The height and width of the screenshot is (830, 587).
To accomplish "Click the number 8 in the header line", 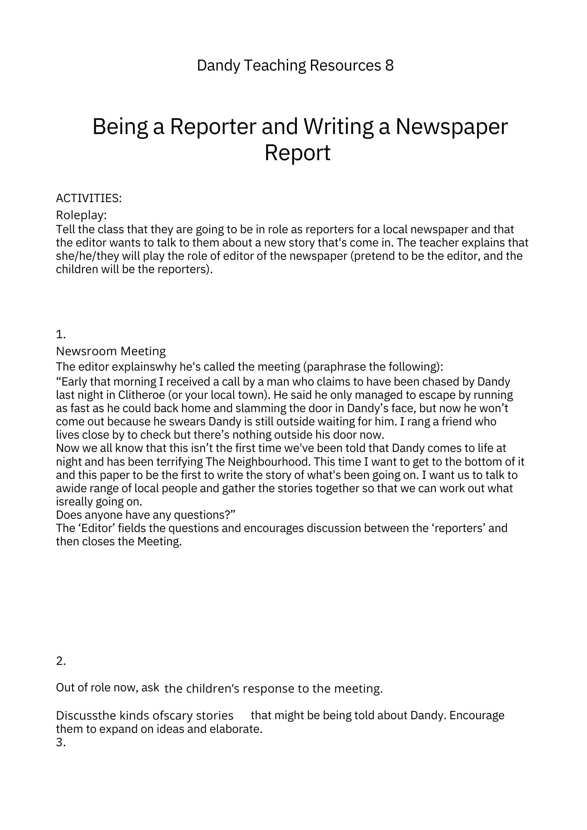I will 389,66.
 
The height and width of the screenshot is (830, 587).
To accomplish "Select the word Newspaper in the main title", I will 451,127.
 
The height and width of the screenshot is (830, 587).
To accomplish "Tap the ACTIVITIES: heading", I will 89,198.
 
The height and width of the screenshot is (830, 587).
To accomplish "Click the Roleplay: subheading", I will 81,215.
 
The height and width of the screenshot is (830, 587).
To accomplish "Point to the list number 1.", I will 61,334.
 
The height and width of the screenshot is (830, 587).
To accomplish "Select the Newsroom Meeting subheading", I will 111,351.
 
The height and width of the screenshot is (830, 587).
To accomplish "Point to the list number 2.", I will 61,661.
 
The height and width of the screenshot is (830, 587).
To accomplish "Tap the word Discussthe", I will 86,715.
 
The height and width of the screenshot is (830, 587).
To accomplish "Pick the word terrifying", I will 179,461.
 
